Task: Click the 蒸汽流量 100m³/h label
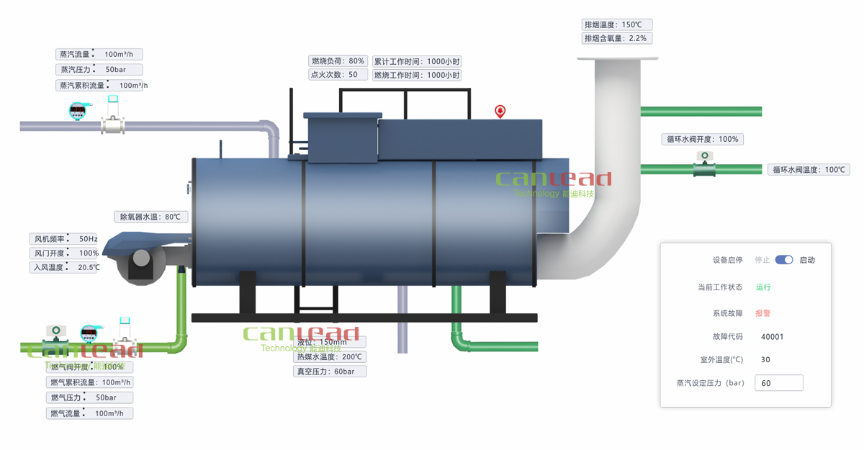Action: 99,54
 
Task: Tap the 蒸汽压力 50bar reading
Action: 99,70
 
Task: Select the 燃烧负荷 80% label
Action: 338,61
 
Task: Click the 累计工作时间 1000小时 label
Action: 416,61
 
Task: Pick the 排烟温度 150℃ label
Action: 618,24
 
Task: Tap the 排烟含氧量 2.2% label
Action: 618,38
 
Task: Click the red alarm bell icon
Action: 500,111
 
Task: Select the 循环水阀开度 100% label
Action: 702,139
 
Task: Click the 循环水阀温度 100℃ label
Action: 809,170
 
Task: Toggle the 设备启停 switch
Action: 784,260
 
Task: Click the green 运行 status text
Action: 763,287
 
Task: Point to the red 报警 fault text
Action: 763,313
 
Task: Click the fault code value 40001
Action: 772,336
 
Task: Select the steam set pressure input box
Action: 779,383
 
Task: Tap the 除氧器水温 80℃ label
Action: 151,217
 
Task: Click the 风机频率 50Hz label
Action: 66,239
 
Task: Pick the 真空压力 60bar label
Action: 330,372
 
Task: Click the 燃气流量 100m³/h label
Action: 90,413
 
